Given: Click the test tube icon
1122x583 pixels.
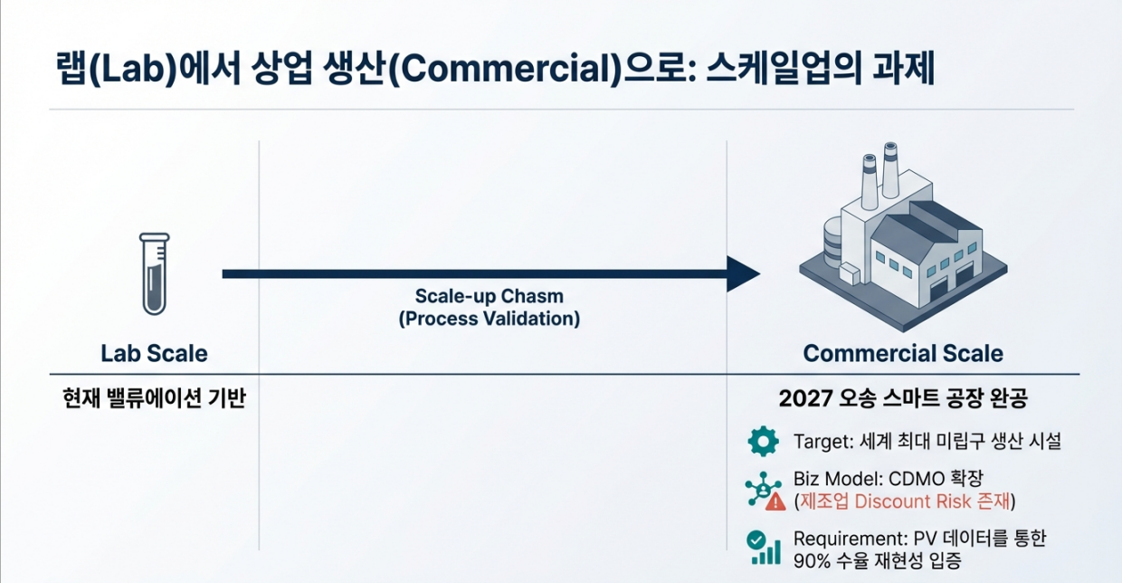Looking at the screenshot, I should [x=155, y=273].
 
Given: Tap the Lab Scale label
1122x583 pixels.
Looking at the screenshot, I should [x=154, y=353].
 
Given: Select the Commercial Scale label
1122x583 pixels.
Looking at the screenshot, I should [x=903, y=353].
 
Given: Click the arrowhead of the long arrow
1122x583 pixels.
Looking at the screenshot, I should [x=744, y=273].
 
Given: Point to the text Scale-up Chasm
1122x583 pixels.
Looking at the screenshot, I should [x=489, y=296].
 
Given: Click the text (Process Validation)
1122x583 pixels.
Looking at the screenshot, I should [x=489, y=319].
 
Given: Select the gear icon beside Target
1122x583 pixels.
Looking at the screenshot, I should [x=763, y=441].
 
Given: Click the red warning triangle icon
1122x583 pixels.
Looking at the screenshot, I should [x=775, y=501].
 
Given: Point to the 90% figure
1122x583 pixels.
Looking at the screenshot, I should [x=812, y=560].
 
